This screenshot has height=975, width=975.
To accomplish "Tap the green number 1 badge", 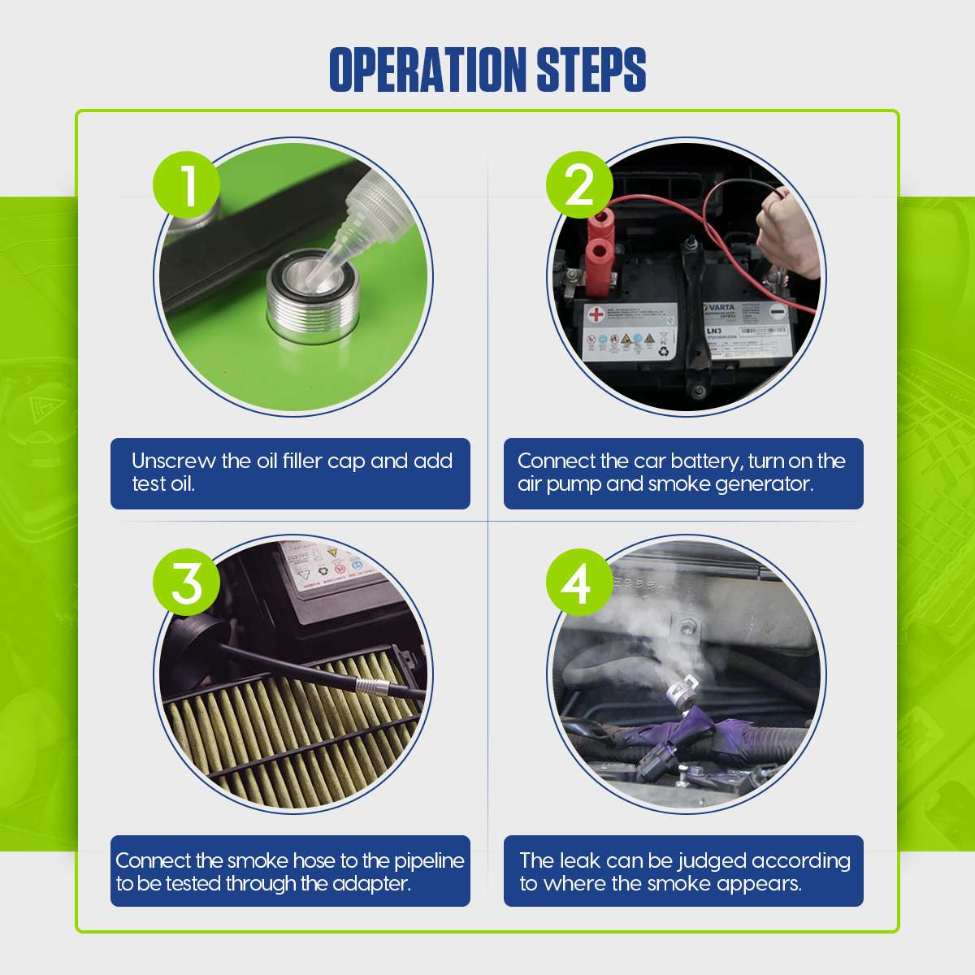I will click(187, 187).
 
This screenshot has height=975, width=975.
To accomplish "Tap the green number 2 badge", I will click(579, 186).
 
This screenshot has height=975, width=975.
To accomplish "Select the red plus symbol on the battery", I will click(597, 314).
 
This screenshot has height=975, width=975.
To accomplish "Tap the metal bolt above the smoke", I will click(687, 626).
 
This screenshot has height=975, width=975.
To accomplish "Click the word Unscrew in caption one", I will click(173, 461).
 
